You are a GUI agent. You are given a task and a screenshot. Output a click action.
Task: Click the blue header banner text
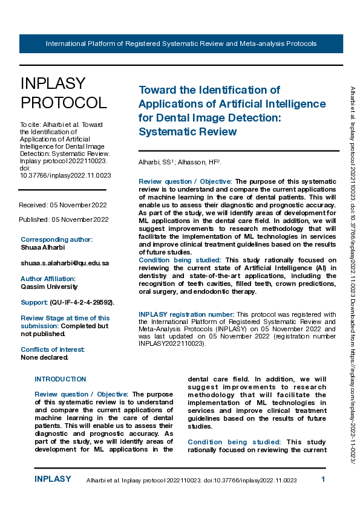pos(181,44)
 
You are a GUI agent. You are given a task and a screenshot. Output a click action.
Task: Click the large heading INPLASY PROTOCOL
pos(63,93)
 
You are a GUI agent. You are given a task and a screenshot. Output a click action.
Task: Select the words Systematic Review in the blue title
pos(187,131)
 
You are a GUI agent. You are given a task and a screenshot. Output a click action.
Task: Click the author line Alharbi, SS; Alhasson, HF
pos(180,162)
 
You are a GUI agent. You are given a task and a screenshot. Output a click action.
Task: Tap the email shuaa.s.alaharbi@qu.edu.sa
pos(65,263)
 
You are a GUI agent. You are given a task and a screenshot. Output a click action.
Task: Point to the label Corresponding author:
pos(57,239)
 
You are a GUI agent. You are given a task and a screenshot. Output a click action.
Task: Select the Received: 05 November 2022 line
pos(64,206)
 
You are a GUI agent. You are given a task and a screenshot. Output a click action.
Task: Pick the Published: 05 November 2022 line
pos(64,219)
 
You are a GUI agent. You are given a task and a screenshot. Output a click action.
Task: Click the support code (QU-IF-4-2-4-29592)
pos(82,302)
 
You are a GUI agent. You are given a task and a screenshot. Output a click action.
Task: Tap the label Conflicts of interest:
pos(53,349)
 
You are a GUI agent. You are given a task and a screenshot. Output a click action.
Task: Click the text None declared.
pos(45,357)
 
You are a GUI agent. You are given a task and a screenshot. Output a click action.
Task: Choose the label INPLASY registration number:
pos(186,314)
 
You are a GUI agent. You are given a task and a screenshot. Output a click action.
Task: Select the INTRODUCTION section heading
pos(61,379)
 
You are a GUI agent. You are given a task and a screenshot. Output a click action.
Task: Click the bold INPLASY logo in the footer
pos(53,479)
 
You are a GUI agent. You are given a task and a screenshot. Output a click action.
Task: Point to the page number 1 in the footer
pos(323,479)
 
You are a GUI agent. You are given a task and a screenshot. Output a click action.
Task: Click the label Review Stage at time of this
pos(65,318)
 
